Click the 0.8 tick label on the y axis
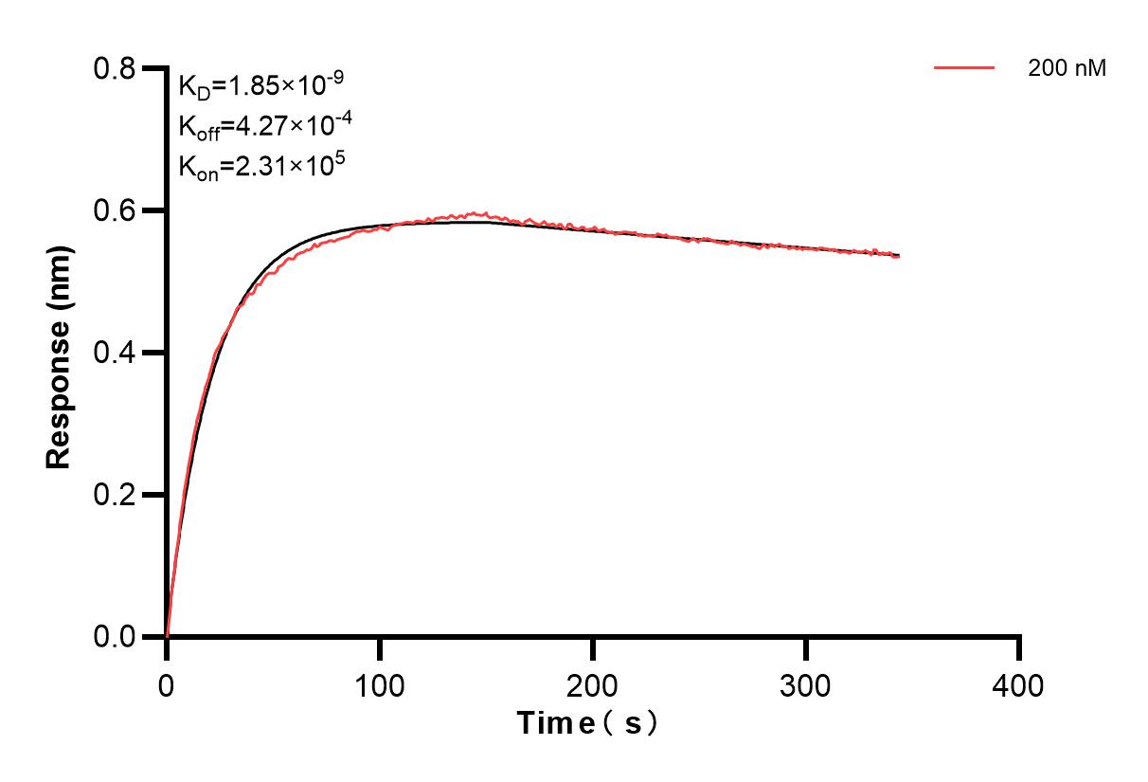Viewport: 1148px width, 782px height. (114, 68)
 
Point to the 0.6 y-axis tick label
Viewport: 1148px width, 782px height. (114, 210)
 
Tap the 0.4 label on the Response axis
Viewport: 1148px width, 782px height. (114, 353)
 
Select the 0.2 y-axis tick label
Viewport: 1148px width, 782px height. (114, 495)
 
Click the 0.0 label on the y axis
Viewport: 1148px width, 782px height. (114, 637)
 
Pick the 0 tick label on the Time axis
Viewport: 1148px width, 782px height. (167, 685)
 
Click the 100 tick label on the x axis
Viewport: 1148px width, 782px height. (380, 685)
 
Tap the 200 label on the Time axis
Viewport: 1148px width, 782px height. (593, 685)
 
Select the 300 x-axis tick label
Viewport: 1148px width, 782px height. (806, 685)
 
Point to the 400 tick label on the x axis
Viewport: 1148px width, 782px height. (1019, 685)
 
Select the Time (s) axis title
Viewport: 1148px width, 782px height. (588, 723)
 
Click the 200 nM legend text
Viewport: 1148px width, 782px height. (1067, 68)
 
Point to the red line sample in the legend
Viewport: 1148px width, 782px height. (964, 68)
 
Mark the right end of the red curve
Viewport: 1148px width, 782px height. (898, 256)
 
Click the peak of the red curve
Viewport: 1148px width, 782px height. (485, 213)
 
